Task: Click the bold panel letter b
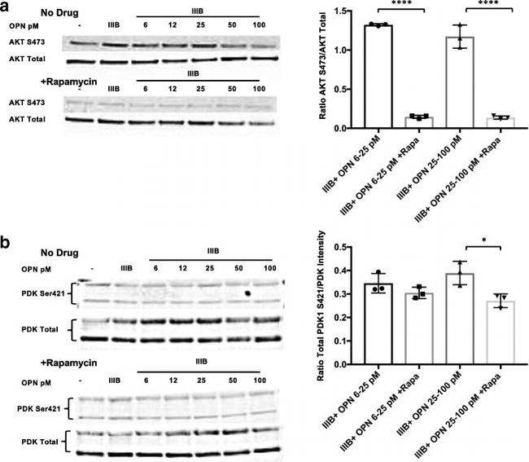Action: click(7, 242)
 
